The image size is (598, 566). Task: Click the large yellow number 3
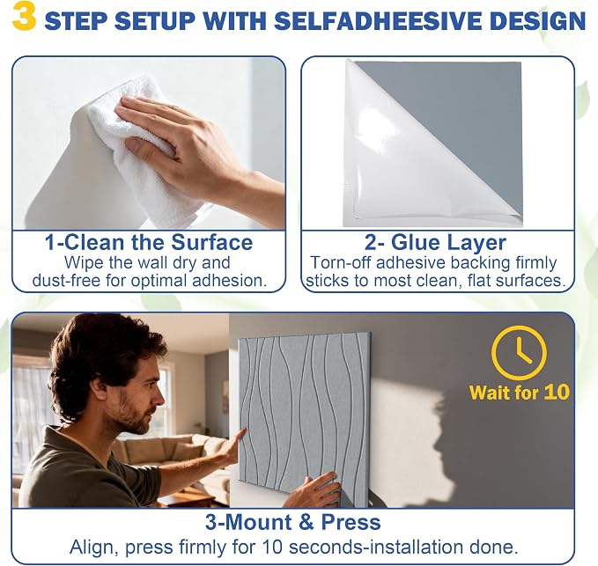[x=25, y=18]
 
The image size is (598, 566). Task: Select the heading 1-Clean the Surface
[x=149, y=242]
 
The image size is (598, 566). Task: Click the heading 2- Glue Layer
[x=435, y=242]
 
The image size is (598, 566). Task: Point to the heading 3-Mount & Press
[x=293, y=522]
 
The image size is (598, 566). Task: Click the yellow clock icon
[x=519, y=353]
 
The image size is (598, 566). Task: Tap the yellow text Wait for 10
[x=520, y=393]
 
